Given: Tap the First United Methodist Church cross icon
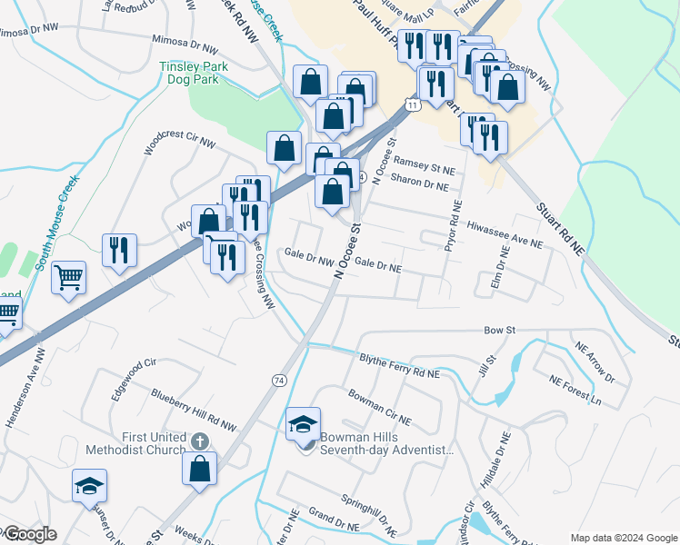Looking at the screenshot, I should point(200,441).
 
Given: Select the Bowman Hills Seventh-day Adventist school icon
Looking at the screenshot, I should point(304,424).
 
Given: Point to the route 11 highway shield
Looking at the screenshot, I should point(414,106).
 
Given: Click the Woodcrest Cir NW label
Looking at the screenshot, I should point(180,144).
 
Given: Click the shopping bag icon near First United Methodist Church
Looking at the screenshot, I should point(200,469).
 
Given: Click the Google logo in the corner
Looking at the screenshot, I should point(29,534).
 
